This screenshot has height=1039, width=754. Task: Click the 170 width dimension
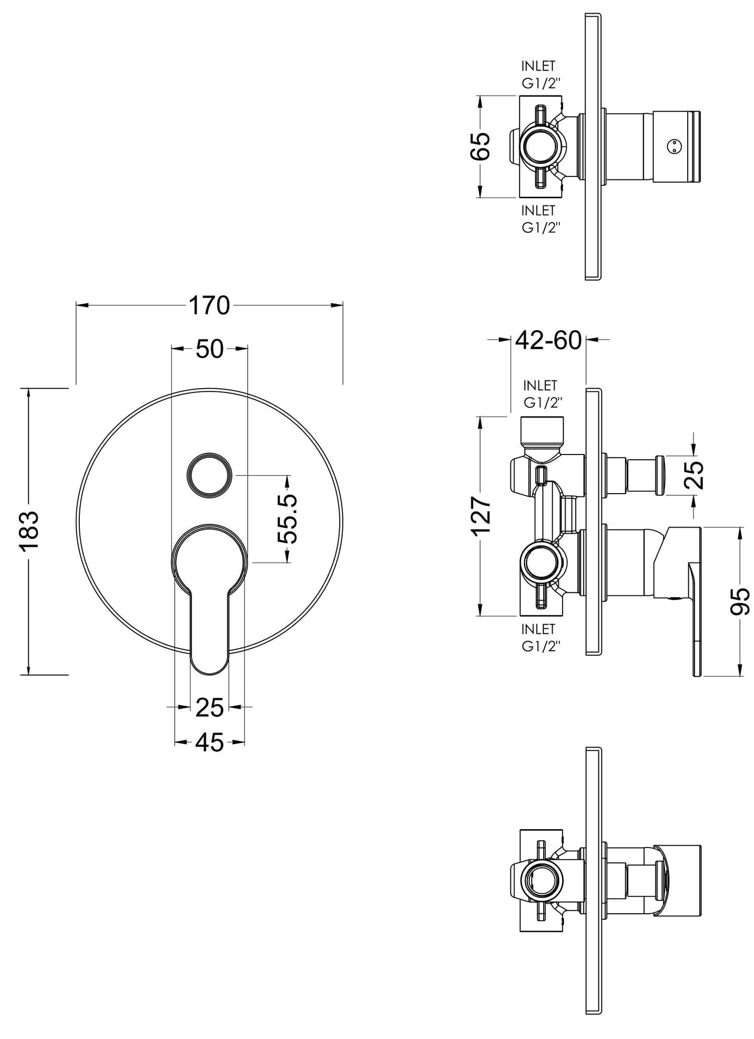click(209, 306)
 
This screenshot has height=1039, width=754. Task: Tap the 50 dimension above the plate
click(209, 349)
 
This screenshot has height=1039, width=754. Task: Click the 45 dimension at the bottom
click(209, 742)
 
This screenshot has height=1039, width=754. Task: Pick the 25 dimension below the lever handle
click(209, 707)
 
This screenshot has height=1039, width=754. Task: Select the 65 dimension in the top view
click(481, 146)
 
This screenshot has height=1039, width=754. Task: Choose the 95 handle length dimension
click(739, 602)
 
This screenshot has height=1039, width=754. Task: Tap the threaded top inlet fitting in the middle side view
click(543, 431)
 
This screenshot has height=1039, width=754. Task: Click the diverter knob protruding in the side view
click(644, 474)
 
